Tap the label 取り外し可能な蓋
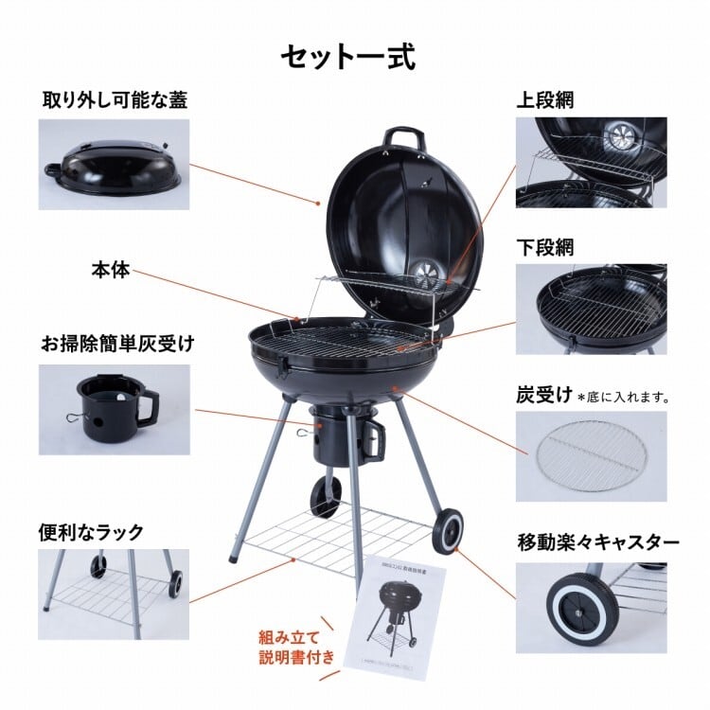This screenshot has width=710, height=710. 115,100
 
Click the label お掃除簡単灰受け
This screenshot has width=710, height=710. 117,343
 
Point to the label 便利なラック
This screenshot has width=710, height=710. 91,531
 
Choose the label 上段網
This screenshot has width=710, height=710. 545,100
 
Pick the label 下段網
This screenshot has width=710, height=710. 545,248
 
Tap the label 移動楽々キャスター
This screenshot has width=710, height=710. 597,542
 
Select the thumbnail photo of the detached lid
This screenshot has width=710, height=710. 114,164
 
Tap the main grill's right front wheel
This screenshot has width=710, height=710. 447,531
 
